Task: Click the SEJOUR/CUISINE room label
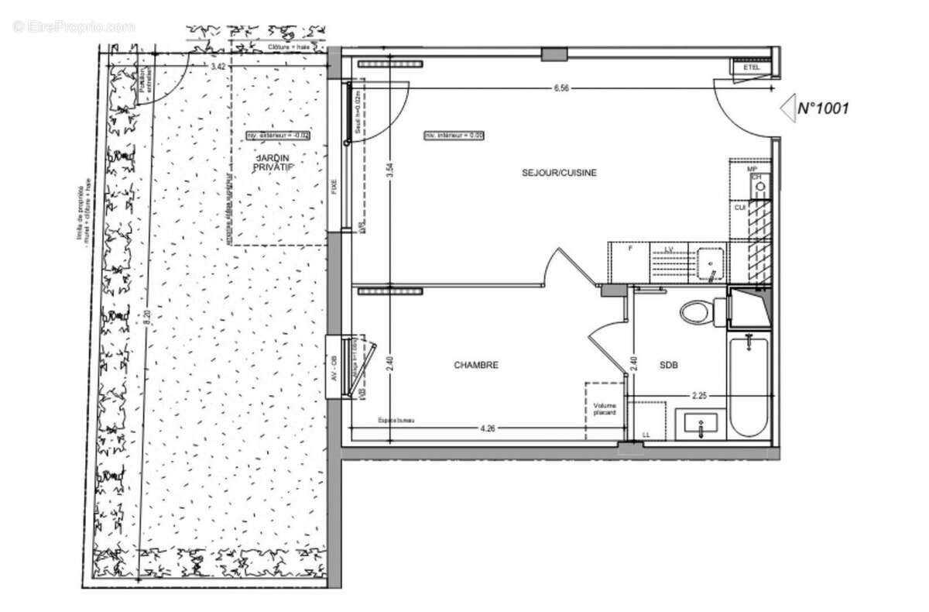[559, 173]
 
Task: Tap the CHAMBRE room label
[476, 365]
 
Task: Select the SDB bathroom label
[668, 365]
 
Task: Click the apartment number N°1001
[823, 108]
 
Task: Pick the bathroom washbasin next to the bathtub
[700, 425]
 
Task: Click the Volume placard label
[605, 409]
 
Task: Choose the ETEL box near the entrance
[751, 68]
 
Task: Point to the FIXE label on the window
[334, 187]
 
